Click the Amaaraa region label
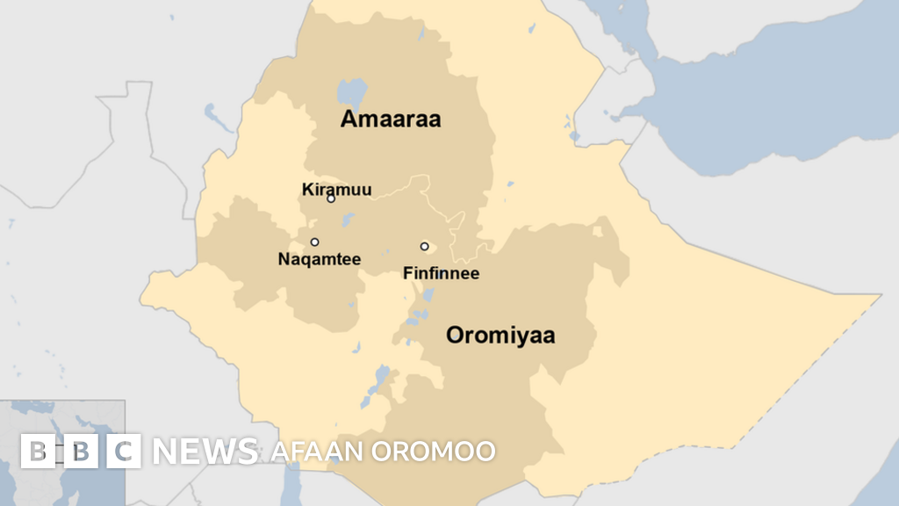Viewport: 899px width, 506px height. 391,119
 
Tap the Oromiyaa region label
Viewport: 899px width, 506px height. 500,335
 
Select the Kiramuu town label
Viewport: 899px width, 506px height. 336,189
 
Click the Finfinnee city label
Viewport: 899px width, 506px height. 441,273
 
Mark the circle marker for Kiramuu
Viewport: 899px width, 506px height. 331,199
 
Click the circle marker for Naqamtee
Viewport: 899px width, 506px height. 314,242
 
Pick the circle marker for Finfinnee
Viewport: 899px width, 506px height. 424,246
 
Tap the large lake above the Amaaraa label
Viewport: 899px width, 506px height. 352,91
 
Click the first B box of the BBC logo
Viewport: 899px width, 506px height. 37,451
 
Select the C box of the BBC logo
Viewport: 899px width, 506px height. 124,451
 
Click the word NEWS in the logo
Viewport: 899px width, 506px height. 205,452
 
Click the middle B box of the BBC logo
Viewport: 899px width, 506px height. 81,451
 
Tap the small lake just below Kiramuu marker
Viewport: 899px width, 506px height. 348,219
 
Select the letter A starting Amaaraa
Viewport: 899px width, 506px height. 349,119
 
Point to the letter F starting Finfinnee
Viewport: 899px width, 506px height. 407,273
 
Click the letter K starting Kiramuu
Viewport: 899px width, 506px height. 306,189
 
